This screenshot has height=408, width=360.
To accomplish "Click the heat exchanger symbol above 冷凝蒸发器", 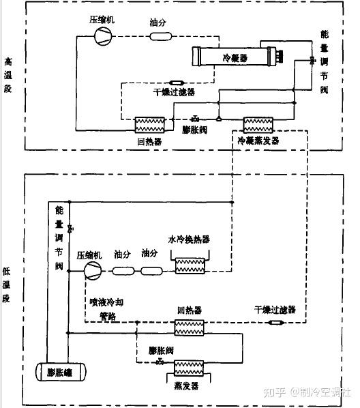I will (258, 125).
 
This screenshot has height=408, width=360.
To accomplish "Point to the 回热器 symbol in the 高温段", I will (149, 125).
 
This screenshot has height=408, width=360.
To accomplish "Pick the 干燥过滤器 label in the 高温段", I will (174, 92).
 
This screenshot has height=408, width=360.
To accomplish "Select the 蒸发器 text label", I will (186, 386).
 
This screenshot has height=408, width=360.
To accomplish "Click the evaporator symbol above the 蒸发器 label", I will (186, 369).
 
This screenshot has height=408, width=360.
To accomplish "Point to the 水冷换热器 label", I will (189, 239).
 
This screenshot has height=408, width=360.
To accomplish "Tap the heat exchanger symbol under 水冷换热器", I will (189, 265).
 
